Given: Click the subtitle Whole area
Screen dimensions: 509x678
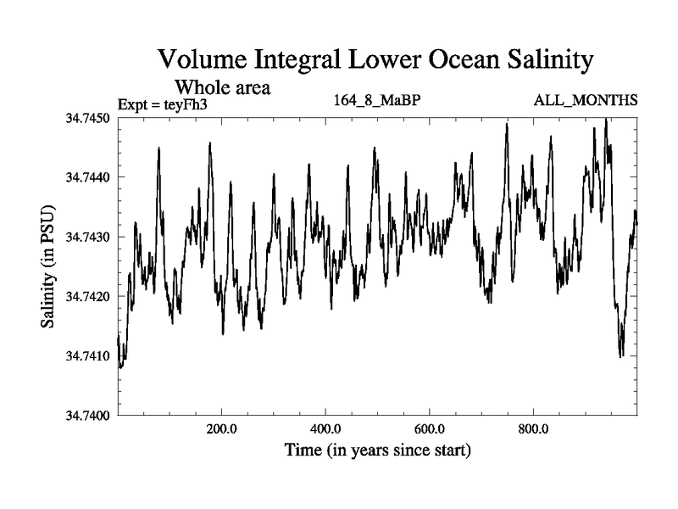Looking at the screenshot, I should click(222, 87).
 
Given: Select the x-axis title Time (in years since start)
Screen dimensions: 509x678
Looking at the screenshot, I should click(377, 450).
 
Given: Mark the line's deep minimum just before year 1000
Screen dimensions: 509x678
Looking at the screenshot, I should click(621, 355).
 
